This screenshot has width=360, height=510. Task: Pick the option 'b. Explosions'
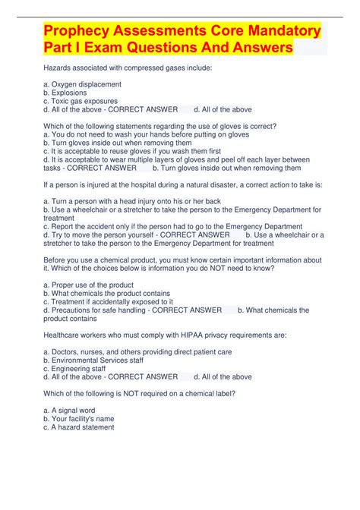[x=65, y=92]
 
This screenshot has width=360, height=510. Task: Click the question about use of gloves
[x=160, y=125]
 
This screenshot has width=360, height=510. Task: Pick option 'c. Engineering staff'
[x=74, y=368]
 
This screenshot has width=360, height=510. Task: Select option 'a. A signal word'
[x=69, y=410]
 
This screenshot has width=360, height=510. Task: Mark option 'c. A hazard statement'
[x=79, y=427]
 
